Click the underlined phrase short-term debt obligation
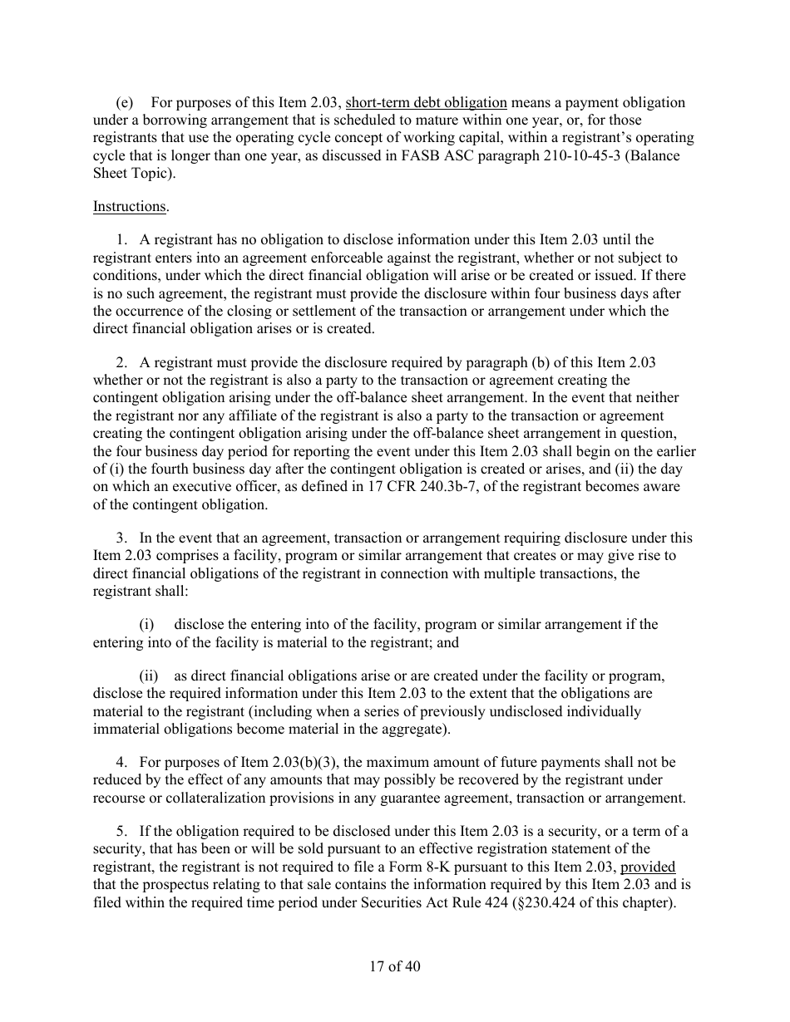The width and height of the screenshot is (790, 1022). point(426,103)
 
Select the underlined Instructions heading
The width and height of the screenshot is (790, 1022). point(129,206)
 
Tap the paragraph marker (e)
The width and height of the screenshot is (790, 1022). point(124,103)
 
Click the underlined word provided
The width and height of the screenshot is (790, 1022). point(648,867)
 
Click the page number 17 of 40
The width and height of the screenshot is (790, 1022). point(395,966)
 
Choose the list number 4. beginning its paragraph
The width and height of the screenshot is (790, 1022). point(122,762)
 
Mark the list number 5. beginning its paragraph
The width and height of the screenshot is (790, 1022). point(122,832)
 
